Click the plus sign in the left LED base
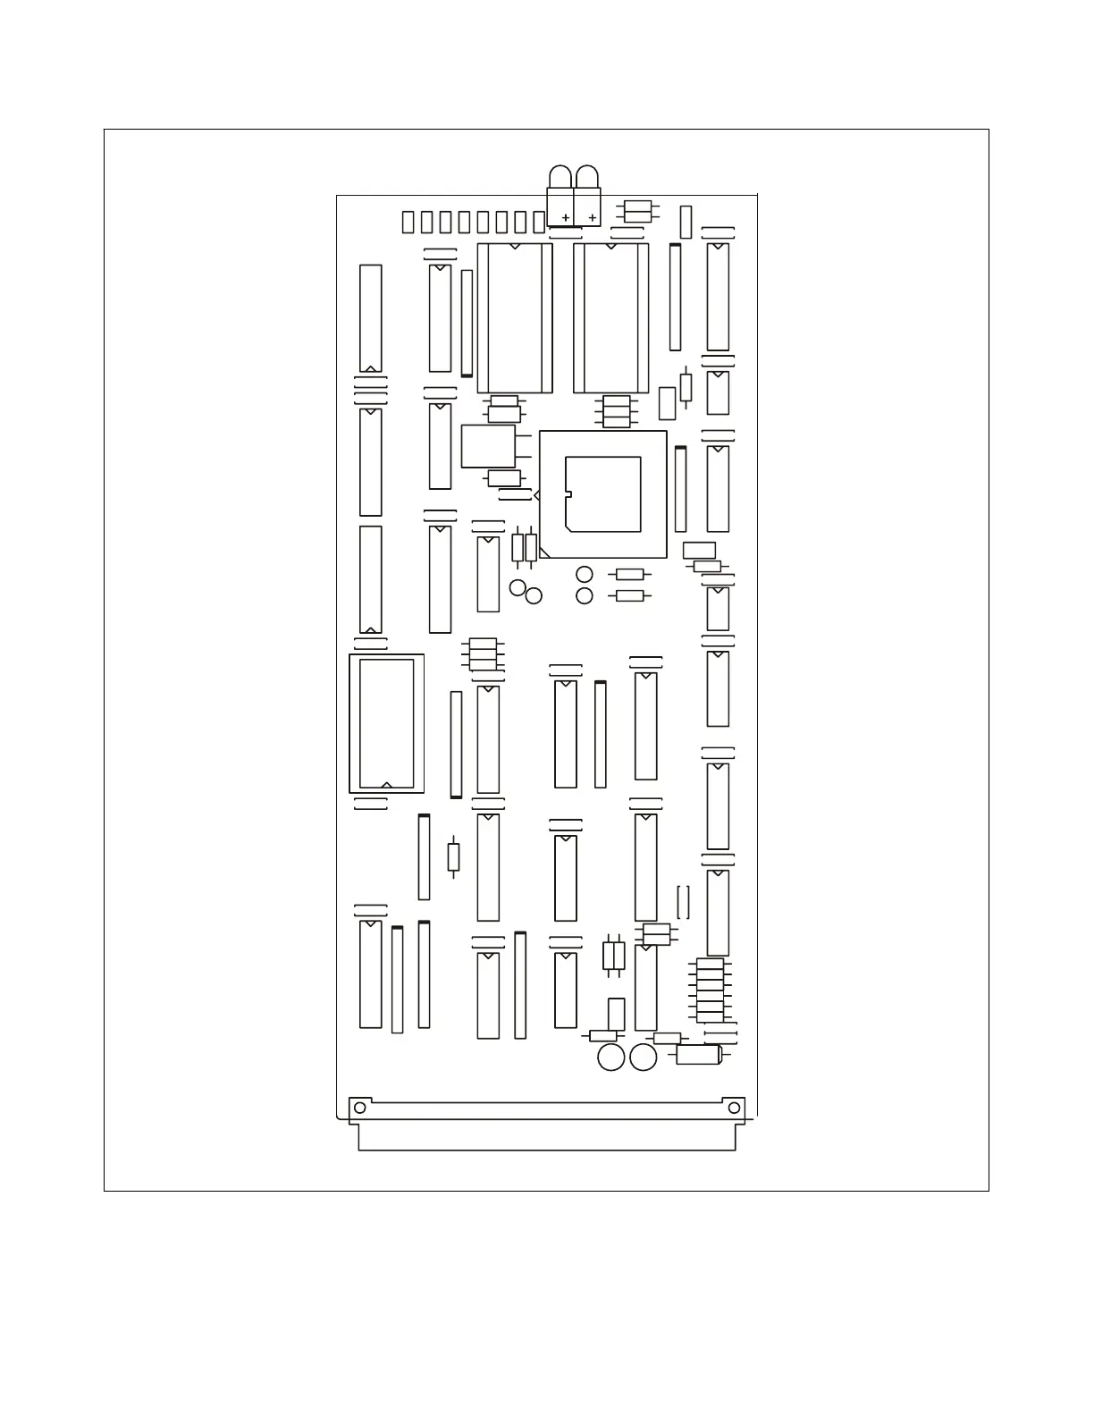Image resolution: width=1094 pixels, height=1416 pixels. click(x=566, y=217)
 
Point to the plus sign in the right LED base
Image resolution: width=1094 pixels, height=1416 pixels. click(x=592, y=217)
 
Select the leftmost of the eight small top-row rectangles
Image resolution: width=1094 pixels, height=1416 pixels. click(x=408, y=222)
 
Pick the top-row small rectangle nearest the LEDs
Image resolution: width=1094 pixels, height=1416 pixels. click(x=539, y=222)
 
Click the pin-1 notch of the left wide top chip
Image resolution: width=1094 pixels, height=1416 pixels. click(x=515, y=246)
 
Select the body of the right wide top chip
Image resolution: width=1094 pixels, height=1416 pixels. click(x=611, y=318)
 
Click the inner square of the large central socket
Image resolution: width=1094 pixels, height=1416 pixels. click(x=603, y=493)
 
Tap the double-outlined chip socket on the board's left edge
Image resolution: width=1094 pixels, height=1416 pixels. click(x=386, y=723)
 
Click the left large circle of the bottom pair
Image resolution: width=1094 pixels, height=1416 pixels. click(x=610, y=1058)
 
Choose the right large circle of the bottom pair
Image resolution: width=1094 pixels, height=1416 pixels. click(x=644, y=1058)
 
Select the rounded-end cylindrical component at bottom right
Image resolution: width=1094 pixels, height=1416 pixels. click(x=698, y=1055)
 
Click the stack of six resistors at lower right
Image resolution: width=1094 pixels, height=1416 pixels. click(x=710, y=990)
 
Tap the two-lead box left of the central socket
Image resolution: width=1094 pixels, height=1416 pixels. click(x=488, y=446)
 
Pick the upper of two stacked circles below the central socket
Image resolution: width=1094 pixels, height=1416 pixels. click(x=585, y=575)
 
